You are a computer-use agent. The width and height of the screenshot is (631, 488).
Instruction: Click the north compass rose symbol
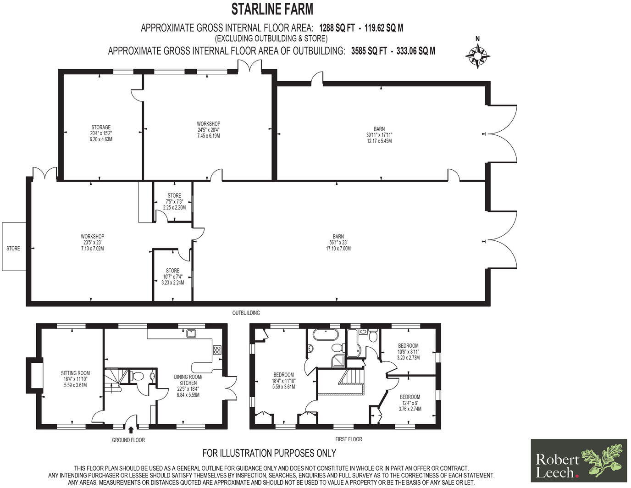[x=478, y=55]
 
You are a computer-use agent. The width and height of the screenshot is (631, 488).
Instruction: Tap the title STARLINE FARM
[x=272, y=9]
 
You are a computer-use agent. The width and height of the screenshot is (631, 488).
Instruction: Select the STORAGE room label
[x=101, y=133]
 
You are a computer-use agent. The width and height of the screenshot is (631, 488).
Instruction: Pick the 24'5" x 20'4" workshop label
[x=209, y=130]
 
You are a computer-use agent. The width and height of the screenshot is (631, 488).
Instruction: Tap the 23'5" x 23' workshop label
[x=93, y=243]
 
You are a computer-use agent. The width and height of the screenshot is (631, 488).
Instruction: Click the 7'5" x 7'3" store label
[x=174, y=201]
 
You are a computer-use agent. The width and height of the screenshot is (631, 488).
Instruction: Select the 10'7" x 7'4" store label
[x=172, y=277]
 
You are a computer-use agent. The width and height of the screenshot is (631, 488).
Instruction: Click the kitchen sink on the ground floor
[x=192, y=333]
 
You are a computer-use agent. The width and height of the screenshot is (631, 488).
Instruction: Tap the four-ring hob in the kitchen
[x=216, y=349]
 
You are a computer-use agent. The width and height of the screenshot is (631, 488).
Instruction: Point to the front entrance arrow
[x=131, y=430]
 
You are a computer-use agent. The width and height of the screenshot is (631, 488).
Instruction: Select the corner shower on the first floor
[x=340, y=360]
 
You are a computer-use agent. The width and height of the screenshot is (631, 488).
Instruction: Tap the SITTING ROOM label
[x=76, y=379]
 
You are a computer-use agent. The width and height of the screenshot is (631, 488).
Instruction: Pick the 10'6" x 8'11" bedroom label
[x=408, y=352]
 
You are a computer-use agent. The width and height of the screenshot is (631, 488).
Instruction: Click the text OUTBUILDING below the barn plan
[x=246, y=313]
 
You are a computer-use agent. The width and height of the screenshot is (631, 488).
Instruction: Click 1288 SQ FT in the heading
[x=337, y=28]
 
